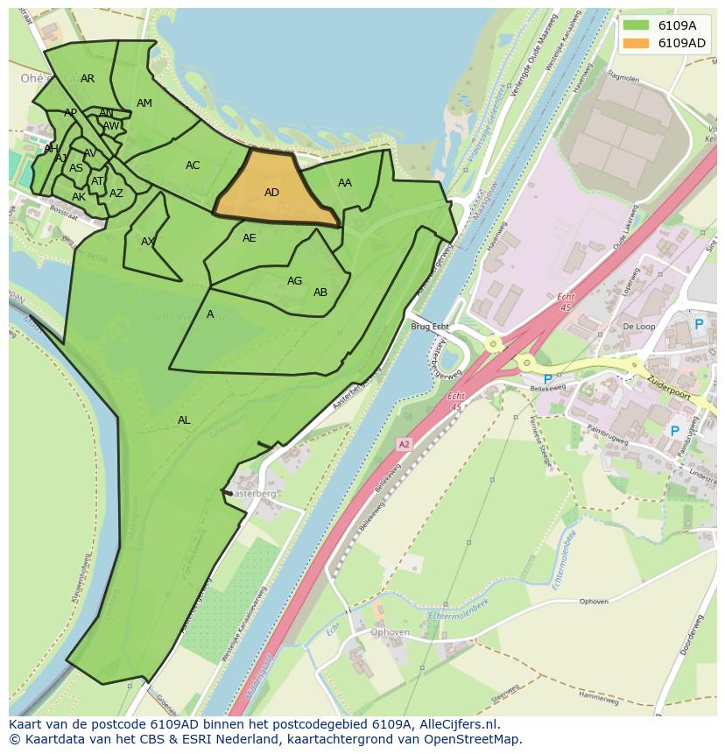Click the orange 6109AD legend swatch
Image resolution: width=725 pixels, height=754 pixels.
coord(637,43)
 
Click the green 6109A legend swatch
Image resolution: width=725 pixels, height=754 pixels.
coord(637,25)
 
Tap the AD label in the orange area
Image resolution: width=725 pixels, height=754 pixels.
coord(271,193)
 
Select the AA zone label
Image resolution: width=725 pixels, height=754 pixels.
coord(345,183)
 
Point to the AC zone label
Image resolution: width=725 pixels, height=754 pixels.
coord(193,166)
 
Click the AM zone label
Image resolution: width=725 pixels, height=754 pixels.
coord(144,103)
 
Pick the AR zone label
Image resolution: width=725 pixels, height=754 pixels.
coord(88,79)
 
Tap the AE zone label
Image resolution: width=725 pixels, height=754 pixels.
coord(250,238)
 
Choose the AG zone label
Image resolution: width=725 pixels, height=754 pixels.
coord(294,281)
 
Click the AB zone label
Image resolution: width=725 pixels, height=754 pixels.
coord(320,292)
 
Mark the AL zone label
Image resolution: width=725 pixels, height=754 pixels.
coord(184,420)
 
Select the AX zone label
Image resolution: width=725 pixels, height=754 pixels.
coord(148,242)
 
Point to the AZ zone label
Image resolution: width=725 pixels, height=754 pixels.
coord(116,194)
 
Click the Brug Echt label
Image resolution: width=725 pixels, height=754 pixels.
coord(429,327)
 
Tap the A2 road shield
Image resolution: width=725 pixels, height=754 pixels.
coord(404,445)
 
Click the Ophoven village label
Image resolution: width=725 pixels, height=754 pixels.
coord(390,632)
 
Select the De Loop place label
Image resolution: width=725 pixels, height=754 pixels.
coord(638,327)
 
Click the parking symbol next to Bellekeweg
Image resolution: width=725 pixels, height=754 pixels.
coord(548,380)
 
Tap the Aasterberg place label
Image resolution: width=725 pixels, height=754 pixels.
coord(253,494)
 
